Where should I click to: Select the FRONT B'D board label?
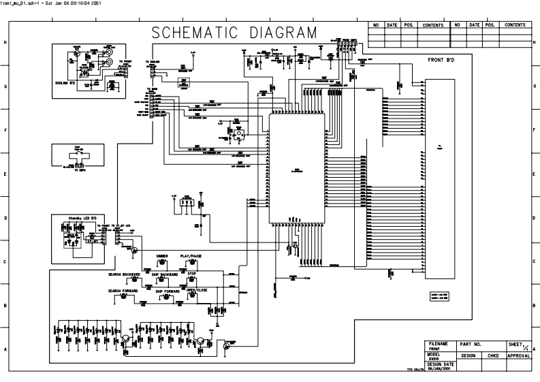(441, 61)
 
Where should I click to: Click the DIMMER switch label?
(162, 256)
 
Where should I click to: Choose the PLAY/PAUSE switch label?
(191, 256)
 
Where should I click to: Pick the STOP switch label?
(192, 274)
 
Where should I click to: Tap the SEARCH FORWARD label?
(123, 291)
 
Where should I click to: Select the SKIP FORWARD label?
(168, 291)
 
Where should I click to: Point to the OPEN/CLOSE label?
(197, 291)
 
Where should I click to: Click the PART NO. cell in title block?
(471, 345)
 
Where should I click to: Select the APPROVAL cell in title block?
(518, 355)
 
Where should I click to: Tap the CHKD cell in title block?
(492, 355)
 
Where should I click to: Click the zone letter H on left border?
(5, 43)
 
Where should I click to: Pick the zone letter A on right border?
(535, 349)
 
